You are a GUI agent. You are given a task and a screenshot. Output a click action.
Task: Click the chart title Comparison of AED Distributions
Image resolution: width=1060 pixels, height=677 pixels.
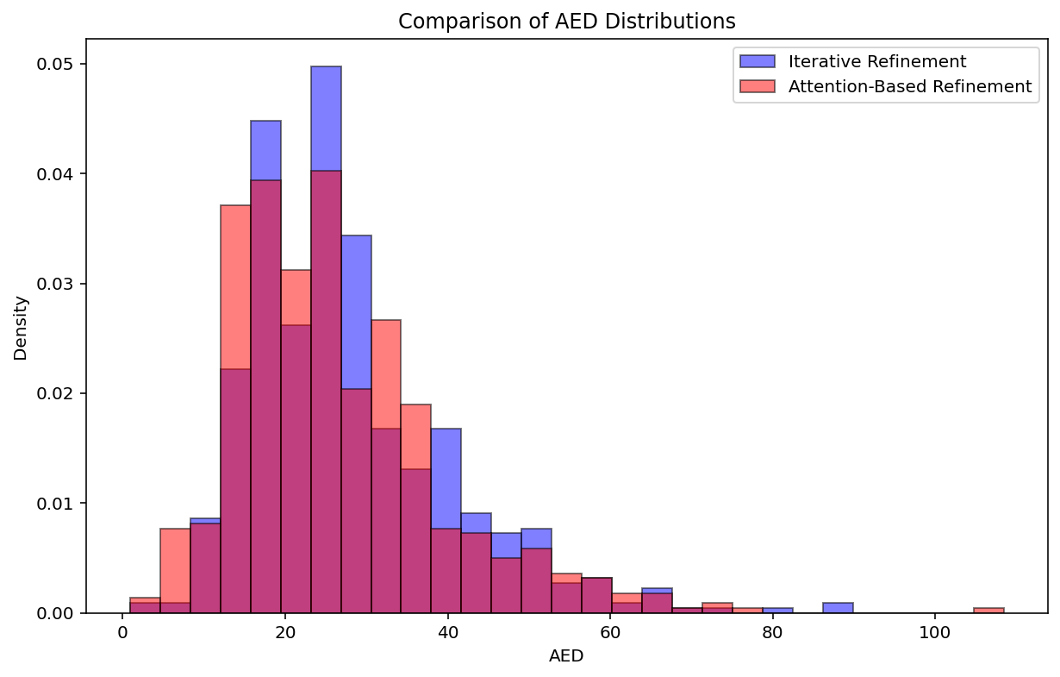point(566,21)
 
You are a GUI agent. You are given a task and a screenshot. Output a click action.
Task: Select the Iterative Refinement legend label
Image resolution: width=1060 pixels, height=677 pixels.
point(876,62)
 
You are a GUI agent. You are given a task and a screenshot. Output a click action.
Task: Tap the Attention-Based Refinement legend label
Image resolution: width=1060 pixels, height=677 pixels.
point(909,86)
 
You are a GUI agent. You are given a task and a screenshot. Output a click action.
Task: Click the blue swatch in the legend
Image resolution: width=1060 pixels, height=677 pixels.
point(758,62)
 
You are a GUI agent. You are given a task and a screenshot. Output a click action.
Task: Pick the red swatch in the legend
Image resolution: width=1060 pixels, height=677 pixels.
point(758,86)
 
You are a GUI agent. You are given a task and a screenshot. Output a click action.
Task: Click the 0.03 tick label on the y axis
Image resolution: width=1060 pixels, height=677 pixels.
point(59,284)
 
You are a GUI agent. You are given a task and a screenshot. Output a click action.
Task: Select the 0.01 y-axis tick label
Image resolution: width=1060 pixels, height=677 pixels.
point(59,504)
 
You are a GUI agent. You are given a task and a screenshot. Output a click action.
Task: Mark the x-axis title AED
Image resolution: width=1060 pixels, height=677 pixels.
point(566,656)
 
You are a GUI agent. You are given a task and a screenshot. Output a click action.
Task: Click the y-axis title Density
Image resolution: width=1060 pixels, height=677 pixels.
point(21,328)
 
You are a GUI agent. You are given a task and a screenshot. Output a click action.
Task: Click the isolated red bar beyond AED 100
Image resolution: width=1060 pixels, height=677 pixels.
point(988,610)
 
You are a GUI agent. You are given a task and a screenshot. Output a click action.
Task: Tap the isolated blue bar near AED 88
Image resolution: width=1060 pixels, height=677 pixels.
point(838,607)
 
